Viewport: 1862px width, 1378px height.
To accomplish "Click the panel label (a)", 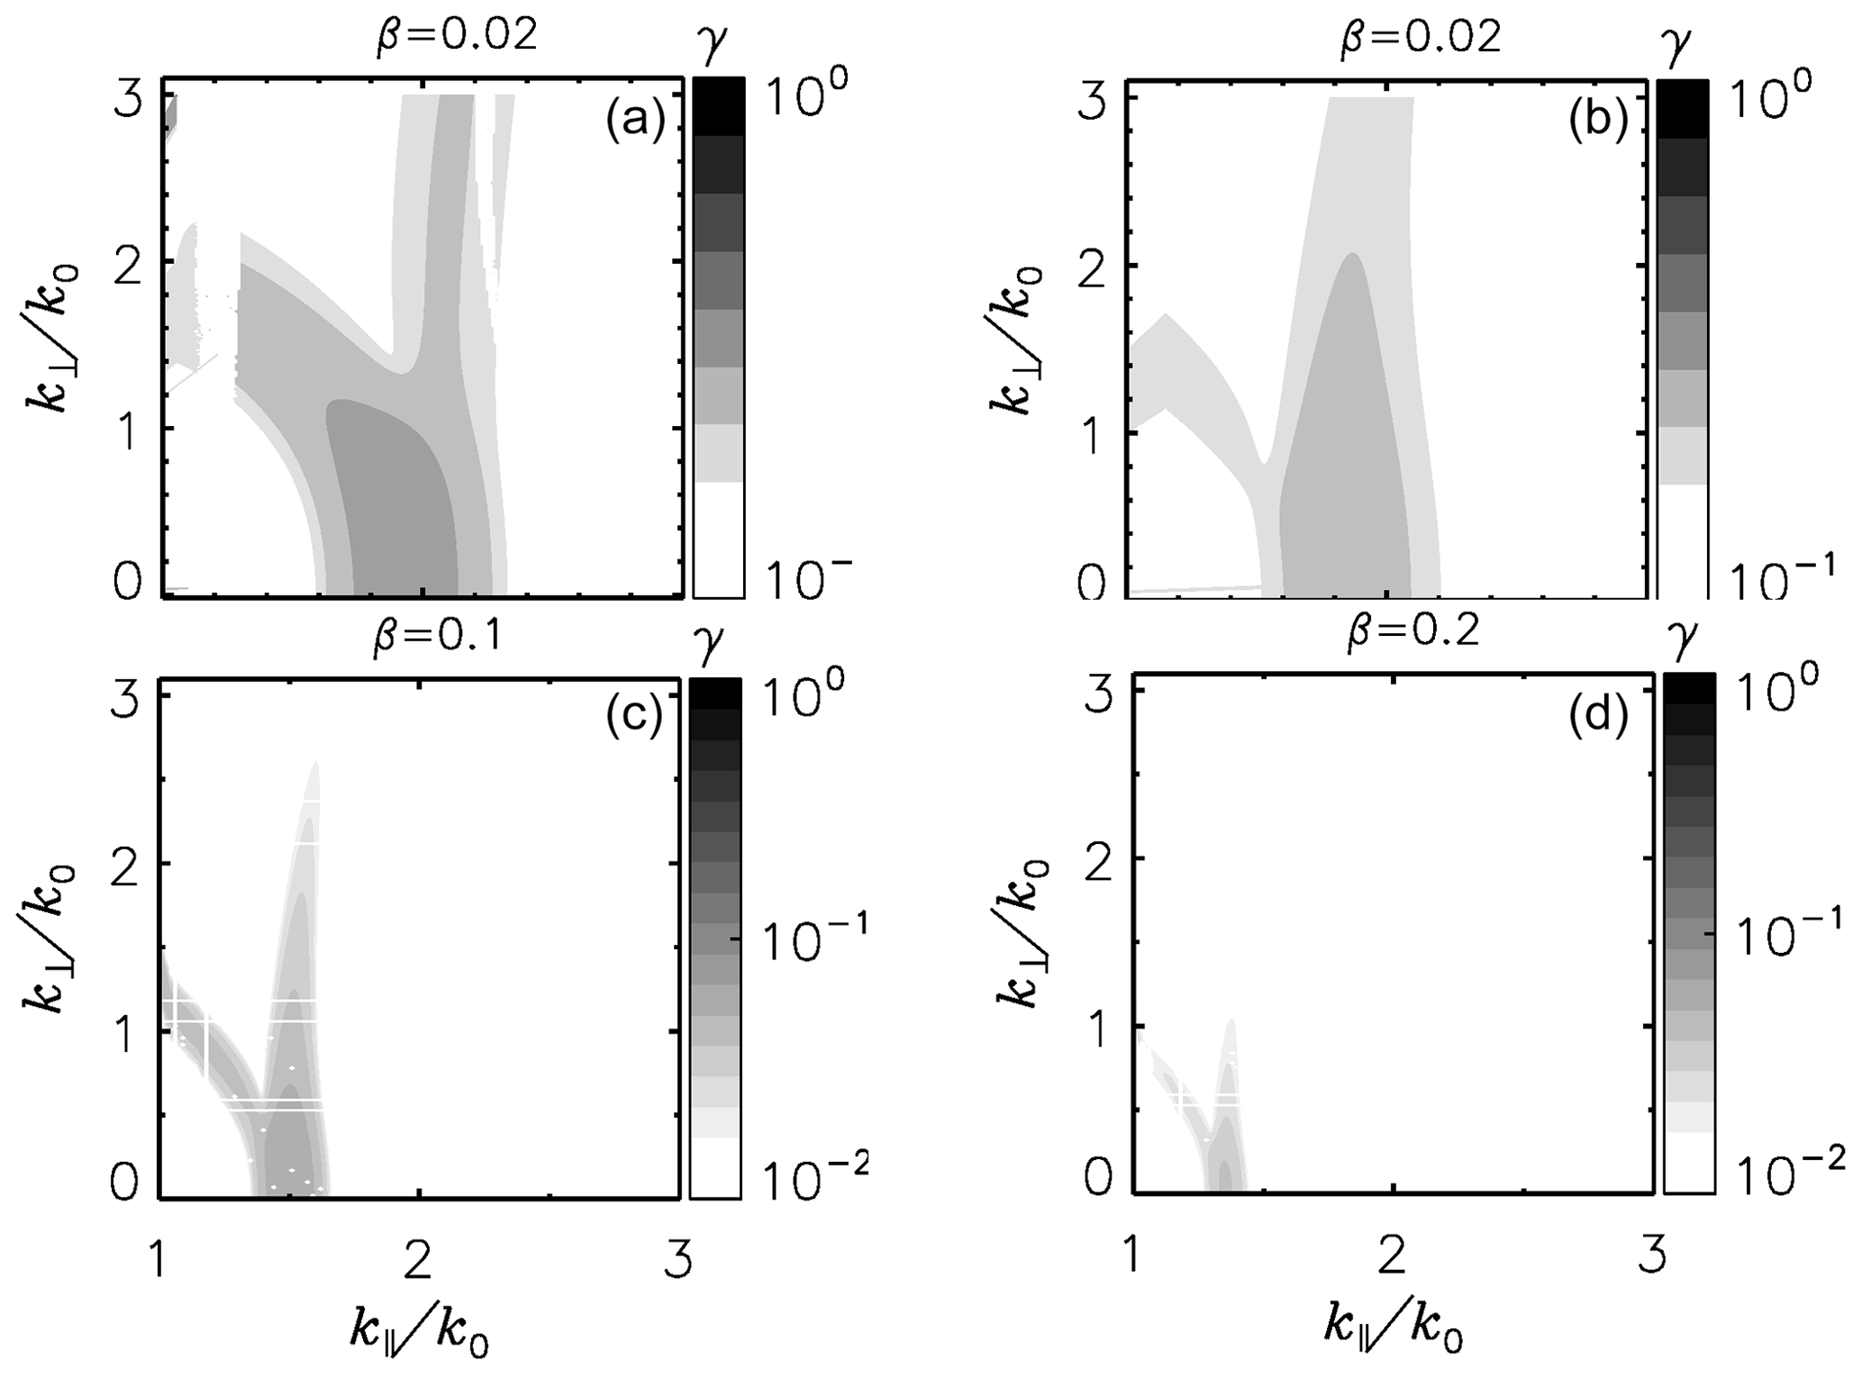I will point(634,120).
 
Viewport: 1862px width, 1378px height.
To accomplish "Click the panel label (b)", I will point(1598,121).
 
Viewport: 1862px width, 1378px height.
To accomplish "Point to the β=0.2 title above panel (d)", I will point(1412,633).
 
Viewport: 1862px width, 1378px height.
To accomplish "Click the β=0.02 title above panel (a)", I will point(457,36).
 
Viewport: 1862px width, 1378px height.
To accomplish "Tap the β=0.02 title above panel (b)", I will point(1421,36).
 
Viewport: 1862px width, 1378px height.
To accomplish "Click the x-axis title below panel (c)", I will point(420,1331).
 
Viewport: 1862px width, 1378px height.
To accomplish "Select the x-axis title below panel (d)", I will point(1393,1331).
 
